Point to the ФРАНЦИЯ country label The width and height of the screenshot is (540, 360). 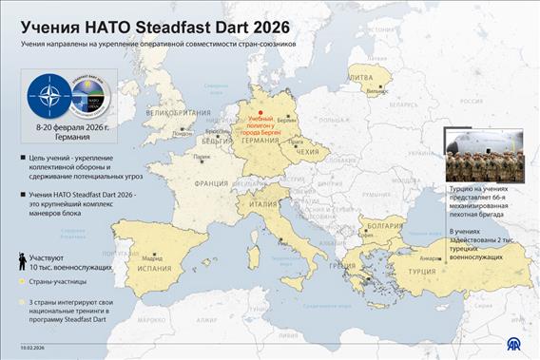pos(212,184)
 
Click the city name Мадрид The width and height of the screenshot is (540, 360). pos(152,256)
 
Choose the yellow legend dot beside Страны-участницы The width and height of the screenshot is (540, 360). pos(21,283)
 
